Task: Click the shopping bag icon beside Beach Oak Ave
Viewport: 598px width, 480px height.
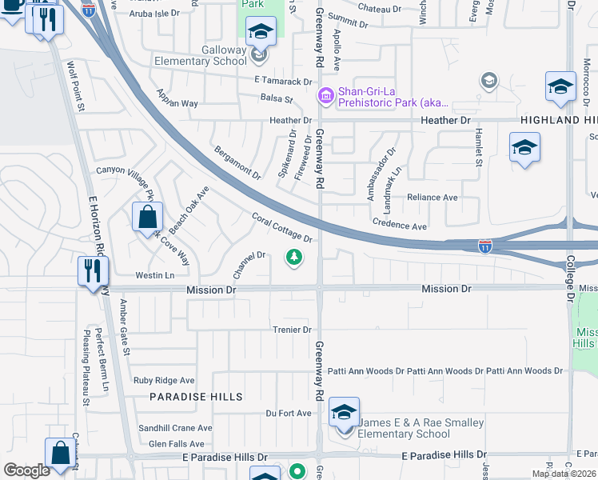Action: pos(148,216)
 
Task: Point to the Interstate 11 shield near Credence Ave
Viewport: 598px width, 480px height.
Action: pos(485,247)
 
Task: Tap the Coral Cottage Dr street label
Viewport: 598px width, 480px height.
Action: pos(281,226)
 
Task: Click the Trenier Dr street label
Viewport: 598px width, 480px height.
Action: pos(291,330)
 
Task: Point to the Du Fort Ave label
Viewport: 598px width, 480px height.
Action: pos(289,414)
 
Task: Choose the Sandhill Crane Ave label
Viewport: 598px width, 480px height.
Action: pos(174,428)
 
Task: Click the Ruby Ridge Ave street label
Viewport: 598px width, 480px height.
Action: pos(164,381)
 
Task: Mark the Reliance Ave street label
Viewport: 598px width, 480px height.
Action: pos(432,198)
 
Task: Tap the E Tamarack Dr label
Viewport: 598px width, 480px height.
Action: pos(283,82)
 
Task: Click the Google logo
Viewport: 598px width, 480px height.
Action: pos(26,470)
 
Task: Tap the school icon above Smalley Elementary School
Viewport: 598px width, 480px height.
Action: pos(344,413)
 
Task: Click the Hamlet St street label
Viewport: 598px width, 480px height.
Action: pos(479,147)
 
